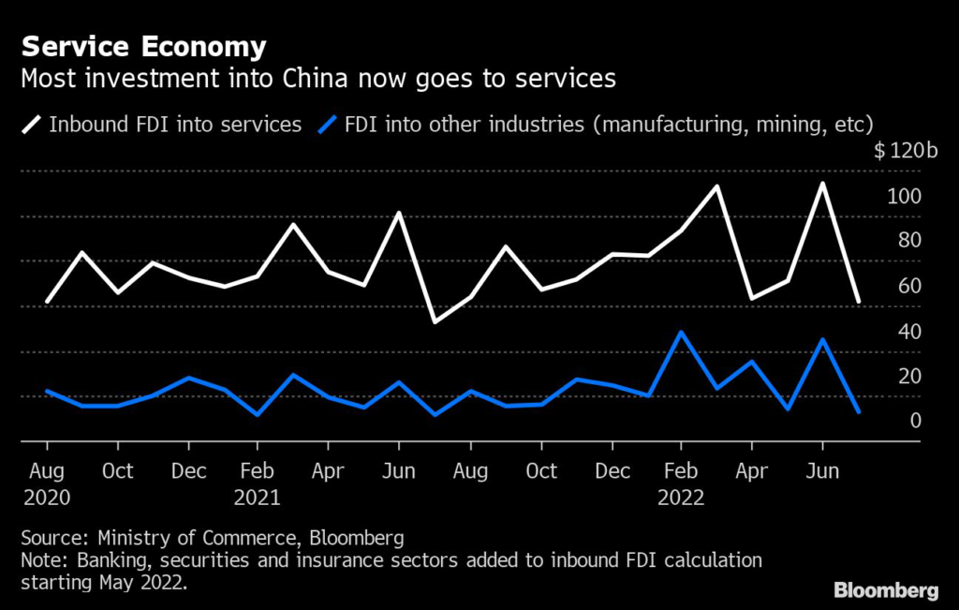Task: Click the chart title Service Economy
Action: pyautogui.click(x=143, y=47)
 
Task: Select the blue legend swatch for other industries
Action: pyautogui.click(x=328, y=124)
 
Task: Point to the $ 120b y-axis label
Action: pyautogui.click(x=906, y=153)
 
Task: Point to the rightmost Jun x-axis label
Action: pyautogui.click(x=822, y=470)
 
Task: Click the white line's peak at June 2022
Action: pyautogui.click(x=822, y=184)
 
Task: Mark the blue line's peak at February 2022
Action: pyautogui.click(x=681, y=332)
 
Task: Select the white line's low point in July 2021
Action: pyautogui.click(x=434, y=322)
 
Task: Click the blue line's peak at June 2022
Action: pyautogui.click(x=822, y=339)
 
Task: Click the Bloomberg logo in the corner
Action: pyautogui.click(x=885, y=590)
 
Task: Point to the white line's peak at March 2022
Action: pyautogui.click(x=716, y=186)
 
